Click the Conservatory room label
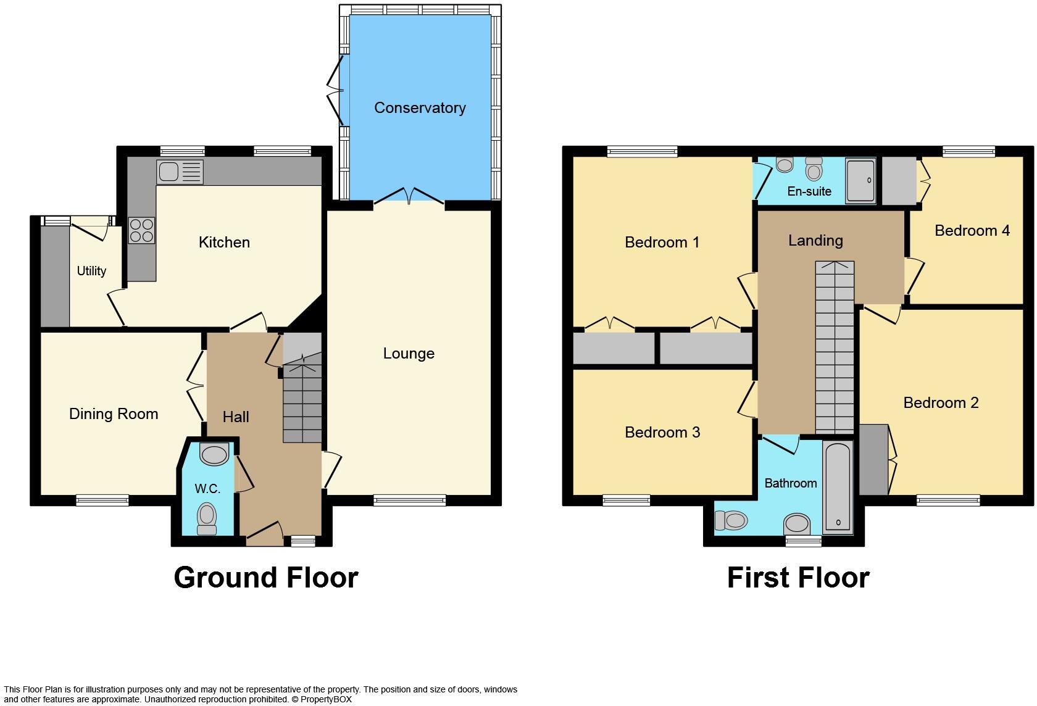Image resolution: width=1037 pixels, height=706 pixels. click(x=420, y=108)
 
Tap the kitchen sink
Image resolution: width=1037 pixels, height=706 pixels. click(x=179, y=172)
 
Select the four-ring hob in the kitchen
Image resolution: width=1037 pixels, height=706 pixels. click(x=141, y=230)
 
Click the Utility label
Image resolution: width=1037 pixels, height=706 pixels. click(x=91, y=271)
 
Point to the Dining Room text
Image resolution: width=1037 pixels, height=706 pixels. click(x=114, y=414)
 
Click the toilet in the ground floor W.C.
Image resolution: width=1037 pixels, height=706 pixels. click(x=207, y=517)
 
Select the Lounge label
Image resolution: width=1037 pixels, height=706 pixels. click(x=409, y=354)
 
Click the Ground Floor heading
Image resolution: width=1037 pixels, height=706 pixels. click(x=266, y=578)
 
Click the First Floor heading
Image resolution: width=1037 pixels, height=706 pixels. click(x=798, y=578)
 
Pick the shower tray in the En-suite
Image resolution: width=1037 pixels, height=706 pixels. click(x=860, y=181)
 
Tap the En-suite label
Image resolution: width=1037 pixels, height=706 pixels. click(x=809, y=191)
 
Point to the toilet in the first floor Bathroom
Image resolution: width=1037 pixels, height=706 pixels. click(x=730, y=521)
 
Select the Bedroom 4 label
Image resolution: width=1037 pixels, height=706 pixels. click(x=972, y=231)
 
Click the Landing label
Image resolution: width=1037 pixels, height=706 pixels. click(x=815, y=241)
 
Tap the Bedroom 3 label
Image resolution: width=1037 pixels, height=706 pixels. click(x=662, y=433)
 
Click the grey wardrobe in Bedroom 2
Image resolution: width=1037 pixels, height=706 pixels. click(x=873, y=459)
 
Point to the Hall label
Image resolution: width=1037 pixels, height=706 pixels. click(x=236, y=417)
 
